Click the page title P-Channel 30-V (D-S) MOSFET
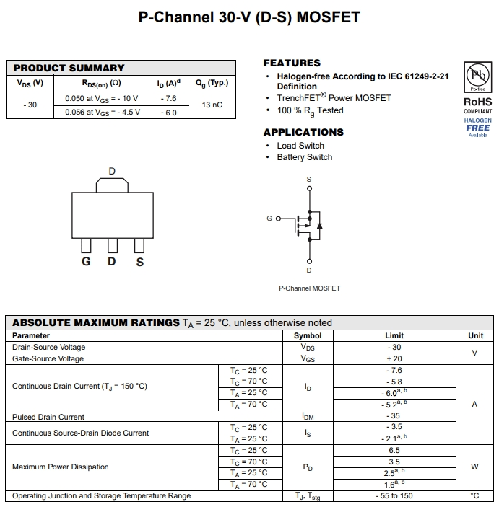[249, 17]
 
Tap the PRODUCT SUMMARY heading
[69, 68]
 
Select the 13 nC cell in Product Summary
[212, 105]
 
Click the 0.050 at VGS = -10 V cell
[101, 98]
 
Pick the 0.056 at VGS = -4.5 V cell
[103, 113]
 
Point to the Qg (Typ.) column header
[212, 83]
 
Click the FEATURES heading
[292, 63]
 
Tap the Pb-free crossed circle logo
[477, 75]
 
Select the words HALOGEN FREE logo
[477, 125]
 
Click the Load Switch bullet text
[300, 146]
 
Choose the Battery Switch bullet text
[305, 157]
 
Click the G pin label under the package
[86, 262]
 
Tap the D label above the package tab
[112, 172]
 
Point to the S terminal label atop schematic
[309, 179]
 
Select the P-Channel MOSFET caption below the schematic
[309, 288]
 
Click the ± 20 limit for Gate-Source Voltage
[394, 358]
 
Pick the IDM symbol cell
[308, 417]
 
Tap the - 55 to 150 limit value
[394, 496]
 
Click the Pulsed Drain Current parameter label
[48, 417]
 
